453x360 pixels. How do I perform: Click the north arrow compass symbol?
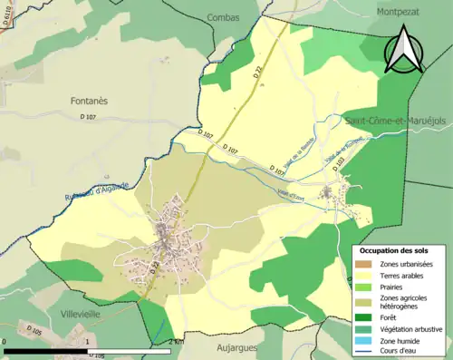pyautogui.click(x=405, y=50)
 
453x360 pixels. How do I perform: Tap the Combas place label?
pyautogui.click(x=222, y=16)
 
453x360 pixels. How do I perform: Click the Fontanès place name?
pyautogui.click(x=89, y=102)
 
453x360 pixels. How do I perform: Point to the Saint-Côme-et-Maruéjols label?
pyautogui.click(x=396, y=120)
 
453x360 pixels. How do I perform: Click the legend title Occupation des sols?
pyautogui.click(x=394, y=250)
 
